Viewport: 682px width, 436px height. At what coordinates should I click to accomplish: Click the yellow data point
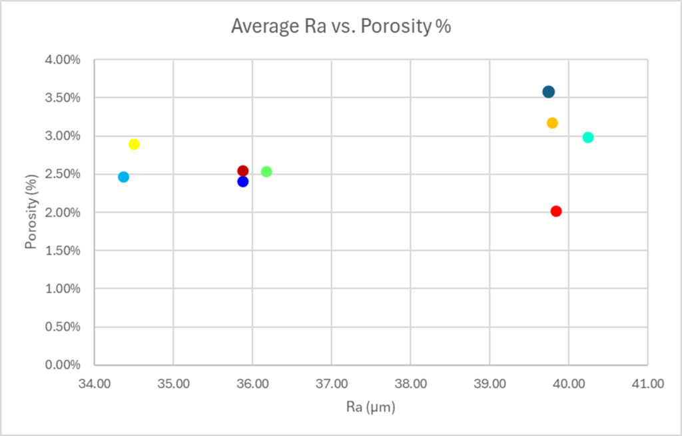pos(134,144)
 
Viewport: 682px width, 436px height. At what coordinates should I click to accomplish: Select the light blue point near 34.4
pos(123,177)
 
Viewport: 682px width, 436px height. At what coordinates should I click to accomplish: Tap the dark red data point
pos(243,171)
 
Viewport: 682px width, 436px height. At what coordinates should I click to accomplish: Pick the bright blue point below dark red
pos(243,181)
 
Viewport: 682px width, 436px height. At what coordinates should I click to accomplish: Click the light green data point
pos(266,171)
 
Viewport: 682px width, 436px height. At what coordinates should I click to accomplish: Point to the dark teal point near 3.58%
pos(548,91)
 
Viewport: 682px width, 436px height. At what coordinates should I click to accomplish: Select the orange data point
pos(552,123)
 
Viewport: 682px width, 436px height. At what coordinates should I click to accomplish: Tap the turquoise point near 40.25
pos(588,137)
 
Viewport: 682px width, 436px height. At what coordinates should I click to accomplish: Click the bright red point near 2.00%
pos(556,211)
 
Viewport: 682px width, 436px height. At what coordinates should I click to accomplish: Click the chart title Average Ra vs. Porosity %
pos(340,26)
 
